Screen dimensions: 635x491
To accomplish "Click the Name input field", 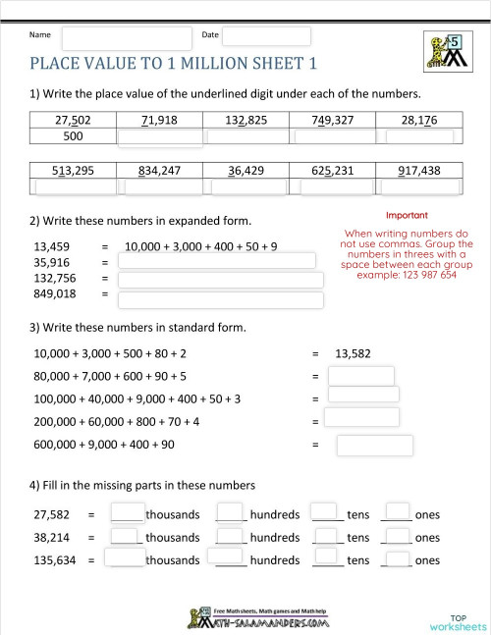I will click(x=127, y=37).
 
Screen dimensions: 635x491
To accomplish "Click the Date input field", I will click(x=266, y=36).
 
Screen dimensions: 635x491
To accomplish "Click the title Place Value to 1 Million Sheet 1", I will click(x=174, y=65).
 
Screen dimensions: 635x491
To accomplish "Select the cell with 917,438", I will click(x=419, y=170).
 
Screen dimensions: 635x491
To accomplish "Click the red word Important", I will click(x=407, y=215).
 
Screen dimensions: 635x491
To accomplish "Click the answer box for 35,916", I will click(x=216, y=261).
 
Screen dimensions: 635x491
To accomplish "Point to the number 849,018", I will click(x=55, y=293).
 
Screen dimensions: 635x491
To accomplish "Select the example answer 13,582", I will click(x=353, y=352).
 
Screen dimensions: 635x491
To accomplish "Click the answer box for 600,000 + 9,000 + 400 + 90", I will click(x=361, y=446).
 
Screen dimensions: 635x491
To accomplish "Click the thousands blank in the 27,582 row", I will click(x=128, y=512).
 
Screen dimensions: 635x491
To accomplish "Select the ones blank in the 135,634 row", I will click(x=397, y=558).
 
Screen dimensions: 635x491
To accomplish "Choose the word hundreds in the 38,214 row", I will click(x=274, y=538).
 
